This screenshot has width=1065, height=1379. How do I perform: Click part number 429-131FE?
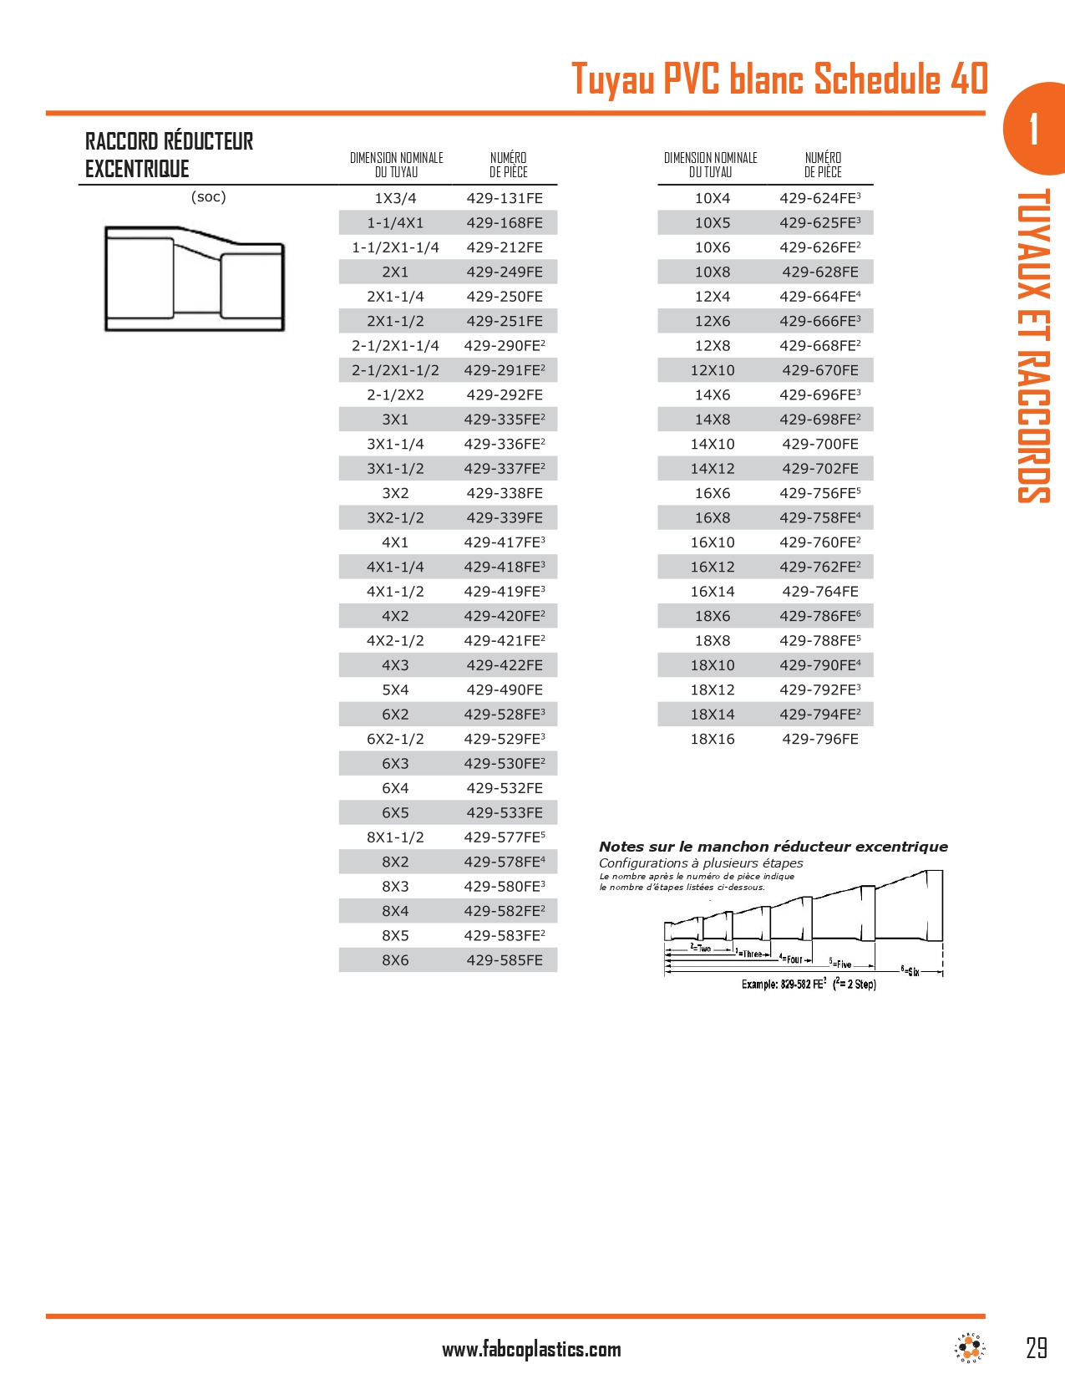pos(505,199)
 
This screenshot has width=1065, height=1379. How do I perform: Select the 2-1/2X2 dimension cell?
pos(395,395)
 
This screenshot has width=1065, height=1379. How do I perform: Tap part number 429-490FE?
pos(505,690)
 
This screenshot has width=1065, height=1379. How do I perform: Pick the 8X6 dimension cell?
pos(395,960)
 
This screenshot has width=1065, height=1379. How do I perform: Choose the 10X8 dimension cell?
pos(713,272)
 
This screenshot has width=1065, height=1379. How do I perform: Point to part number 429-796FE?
pos(819,740)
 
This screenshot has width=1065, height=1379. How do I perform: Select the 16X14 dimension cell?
pos(713,592)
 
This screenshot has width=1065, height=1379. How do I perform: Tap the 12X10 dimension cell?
pos(713,370)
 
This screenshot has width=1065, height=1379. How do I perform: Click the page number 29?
pos(1036,1348)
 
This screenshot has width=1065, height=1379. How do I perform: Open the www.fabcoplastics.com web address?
pos(531,1350)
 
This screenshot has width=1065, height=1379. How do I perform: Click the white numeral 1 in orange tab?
pos(1034,129)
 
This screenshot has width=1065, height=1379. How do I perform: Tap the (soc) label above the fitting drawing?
pos(209,197)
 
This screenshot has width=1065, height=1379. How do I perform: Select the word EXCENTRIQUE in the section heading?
pos(137,170)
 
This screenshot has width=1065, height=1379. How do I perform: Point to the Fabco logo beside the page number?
pos(970,1347)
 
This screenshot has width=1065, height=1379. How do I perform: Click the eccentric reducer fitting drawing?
pos(195,278)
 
